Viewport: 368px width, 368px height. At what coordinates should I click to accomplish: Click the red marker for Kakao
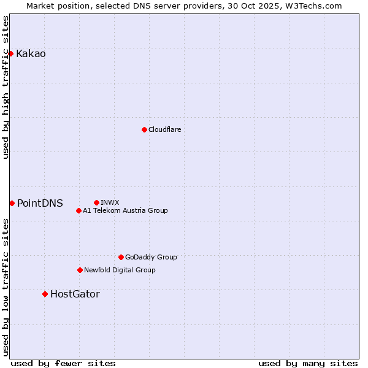click(10, 53)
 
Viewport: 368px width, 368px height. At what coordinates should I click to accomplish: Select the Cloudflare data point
click(144, 129)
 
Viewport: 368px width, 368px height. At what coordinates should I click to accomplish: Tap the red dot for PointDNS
click(12, 203)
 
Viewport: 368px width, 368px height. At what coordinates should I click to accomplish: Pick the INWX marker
click(96, 202)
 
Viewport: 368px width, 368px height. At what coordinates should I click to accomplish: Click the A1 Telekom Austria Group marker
click(79, 210)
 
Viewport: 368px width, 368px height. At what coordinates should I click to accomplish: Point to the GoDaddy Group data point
click(121, 257)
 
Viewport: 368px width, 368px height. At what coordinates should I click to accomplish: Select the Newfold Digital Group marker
click(80, 270)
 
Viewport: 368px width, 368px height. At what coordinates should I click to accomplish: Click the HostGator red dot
click(45, 294)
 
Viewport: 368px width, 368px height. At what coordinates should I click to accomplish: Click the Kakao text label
click(31, 54)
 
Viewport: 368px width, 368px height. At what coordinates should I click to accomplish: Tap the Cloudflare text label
click(164, 129)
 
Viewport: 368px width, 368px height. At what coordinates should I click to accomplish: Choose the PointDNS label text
click(40, 204)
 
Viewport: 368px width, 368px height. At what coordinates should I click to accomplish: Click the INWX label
click(110, 202)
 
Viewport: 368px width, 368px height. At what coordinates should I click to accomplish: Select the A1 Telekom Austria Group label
click(125, 210)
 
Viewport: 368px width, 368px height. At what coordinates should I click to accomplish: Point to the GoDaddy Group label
click(151, 257)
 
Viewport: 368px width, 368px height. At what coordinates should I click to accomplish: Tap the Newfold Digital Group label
click(120, 270)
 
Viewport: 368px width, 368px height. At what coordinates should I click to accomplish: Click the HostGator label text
click(75, 294)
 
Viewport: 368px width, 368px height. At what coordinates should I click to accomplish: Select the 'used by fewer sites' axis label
click(63, 363)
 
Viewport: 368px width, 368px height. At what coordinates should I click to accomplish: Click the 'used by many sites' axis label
click(308, 363)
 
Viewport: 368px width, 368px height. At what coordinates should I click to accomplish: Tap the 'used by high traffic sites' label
click(6, 87)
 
